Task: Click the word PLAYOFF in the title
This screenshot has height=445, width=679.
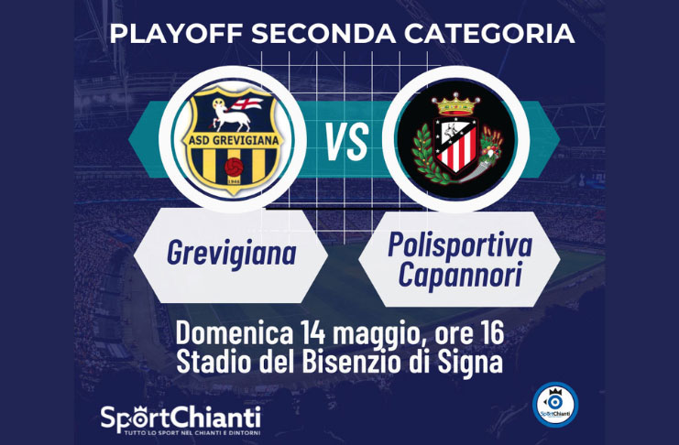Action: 176,34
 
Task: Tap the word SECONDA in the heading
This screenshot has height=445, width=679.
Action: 323,34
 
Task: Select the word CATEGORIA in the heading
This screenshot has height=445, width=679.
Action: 489,34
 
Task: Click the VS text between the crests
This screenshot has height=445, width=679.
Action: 347,141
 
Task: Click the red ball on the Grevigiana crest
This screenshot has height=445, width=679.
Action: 234,167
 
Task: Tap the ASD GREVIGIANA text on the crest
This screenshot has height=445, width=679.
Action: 234,141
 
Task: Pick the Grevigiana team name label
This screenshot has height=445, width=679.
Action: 232,254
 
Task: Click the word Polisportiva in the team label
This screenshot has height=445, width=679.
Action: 460,244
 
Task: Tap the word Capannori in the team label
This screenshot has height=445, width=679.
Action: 460,275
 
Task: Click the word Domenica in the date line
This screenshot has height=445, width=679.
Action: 235,333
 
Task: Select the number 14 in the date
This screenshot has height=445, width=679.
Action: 312,333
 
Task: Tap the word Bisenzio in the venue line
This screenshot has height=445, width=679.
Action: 351,362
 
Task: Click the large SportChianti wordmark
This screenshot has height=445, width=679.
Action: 181,419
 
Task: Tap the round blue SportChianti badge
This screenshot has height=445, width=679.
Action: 555,405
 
